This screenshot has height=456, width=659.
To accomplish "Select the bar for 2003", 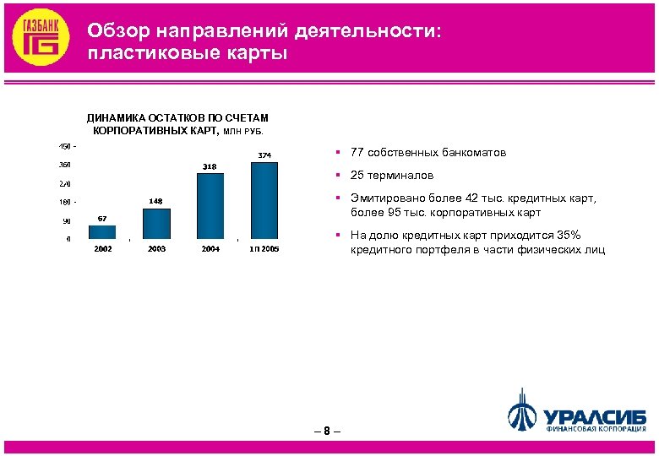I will pyautogui.click(x=156, y=223).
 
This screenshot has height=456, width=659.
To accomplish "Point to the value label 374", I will pyautogui.click(x=264, y=155).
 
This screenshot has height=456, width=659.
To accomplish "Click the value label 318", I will pyautogui.click(x=210, y=166).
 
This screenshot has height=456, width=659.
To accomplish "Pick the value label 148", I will pyautogui.click(x=155, y=201).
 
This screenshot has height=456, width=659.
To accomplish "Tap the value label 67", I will pyautogui.click(x=101, y=219).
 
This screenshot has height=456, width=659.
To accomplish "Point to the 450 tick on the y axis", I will pyautogui.click(x=64, y=146).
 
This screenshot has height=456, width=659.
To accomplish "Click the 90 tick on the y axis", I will pyautogui.click(x=65, y=220).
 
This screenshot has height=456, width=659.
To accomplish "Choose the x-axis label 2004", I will pyautogui.click(x=210, y=249).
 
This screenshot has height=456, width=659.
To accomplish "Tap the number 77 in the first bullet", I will pyautogui.click(x=357, y=153).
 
